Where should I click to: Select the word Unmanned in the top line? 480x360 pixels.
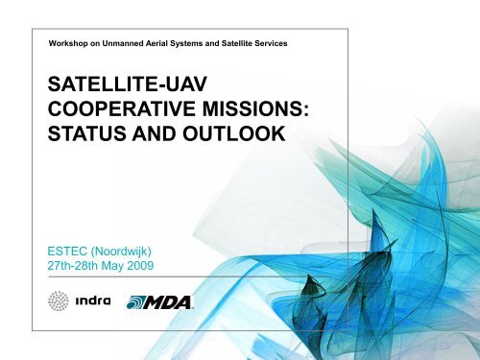point(134,44)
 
